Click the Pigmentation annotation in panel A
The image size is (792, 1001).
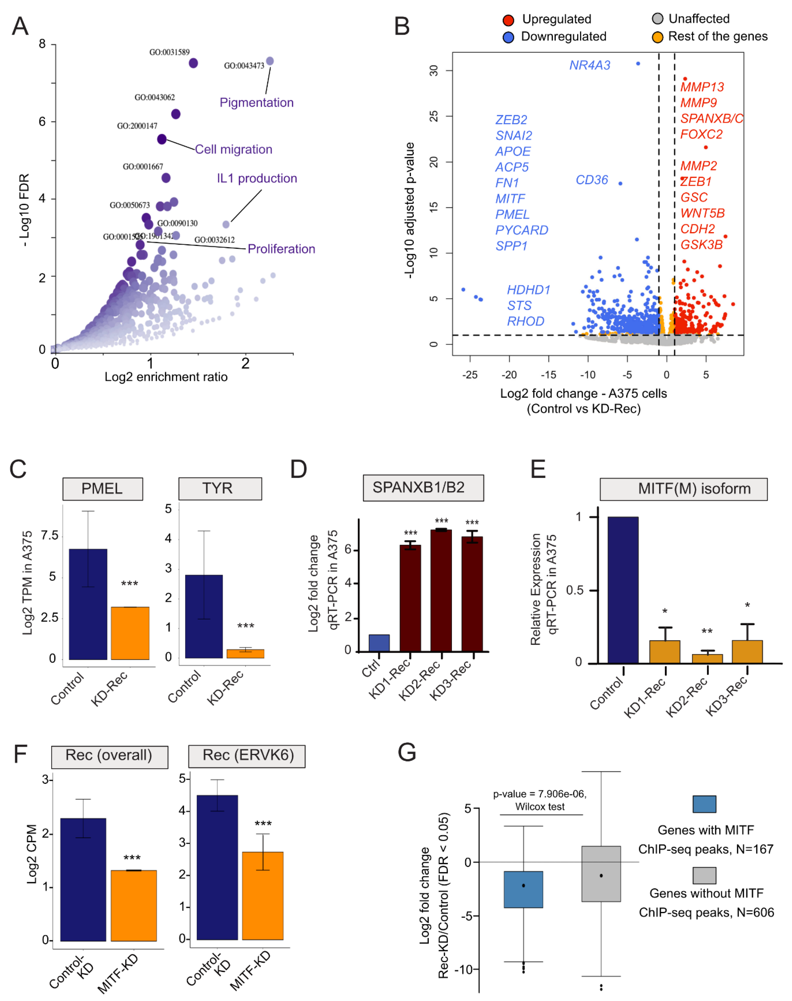point(256,102)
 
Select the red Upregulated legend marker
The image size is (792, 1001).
point(508,20)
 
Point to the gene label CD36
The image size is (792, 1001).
point(592,180)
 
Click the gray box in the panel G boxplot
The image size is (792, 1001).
point(601,874)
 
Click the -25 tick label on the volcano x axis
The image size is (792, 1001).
point(470,375)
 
